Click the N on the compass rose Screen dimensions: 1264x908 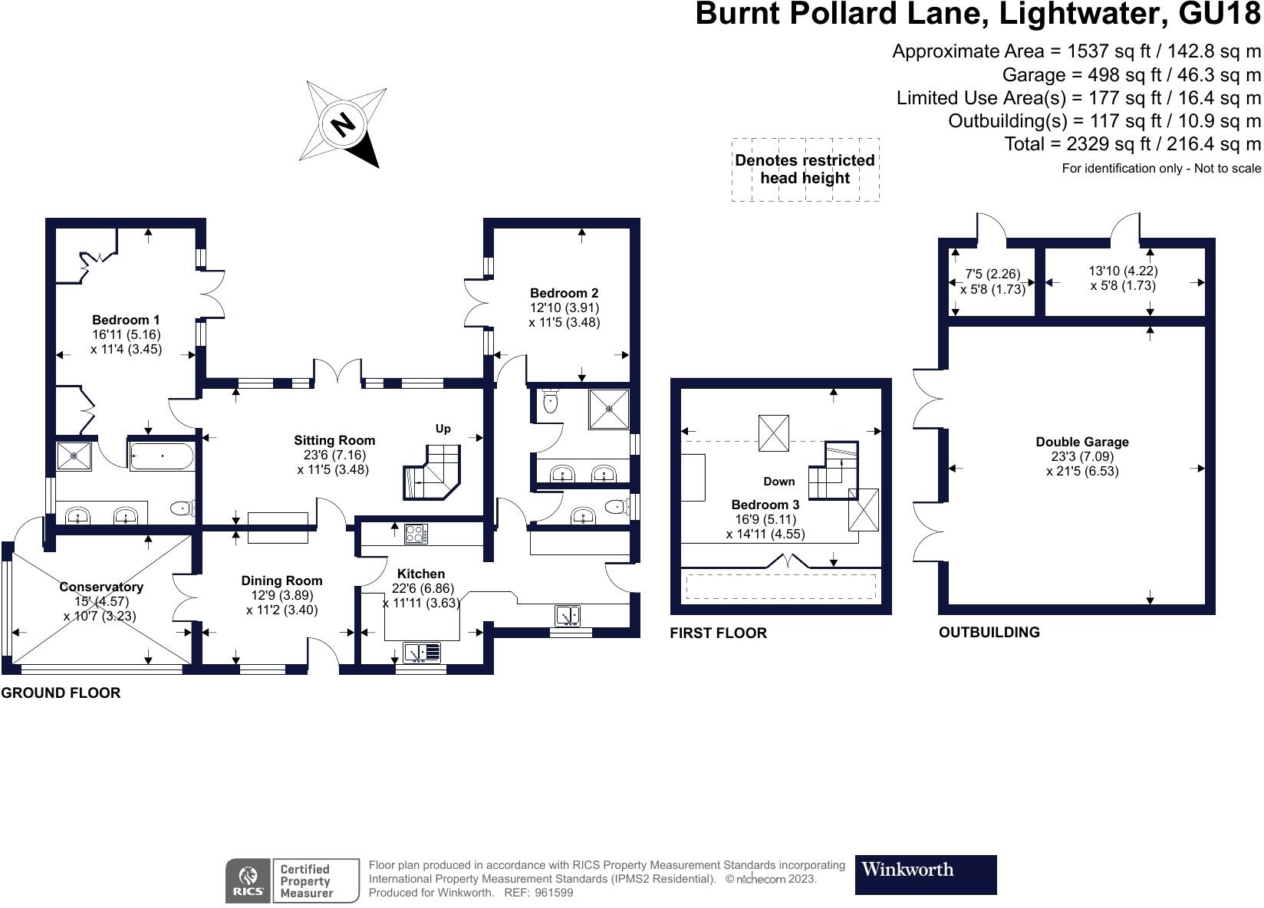(x=343, y=125)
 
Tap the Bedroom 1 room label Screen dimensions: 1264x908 (x=126, y=320)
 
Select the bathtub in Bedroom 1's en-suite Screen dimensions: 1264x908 (x=163, y=456)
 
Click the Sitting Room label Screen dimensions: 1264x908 (x=334, y=440)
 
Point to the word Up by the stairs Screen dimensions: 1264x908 (x=443, y=429)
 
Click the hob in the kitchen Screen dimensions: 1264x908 (x=416, y=534)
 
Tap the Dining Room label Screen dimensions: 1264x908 (x=281, y=581)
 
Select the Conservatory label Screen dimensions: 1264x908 (x=101, y=587)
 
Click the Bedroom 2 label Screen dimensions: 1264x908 (x=564, y=293)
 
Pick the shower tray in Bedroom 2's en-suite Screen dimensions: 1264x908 (x=609, y=409)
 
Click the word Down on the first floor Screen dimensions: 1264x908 (x=778, y=482)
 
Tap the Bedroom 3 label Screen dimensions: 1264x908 (x=765, y=505)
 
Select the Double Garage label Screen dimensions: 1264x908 (x=1081, y=442)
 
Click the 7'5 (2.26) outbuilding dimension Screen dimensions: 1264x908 (x=992, y=274)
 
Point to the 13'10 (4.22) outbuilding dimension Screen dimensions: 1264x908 (x=1123, y=271)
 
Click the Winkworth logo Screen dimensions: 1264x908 (x=926, y=875)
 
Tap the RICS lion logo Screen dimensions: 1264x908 (x=249, y=881)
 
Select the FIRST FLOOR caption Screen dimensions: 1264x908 (x=719, y=633)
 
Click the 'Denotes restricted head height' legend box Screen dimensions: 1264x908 (x=805, y=169)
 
